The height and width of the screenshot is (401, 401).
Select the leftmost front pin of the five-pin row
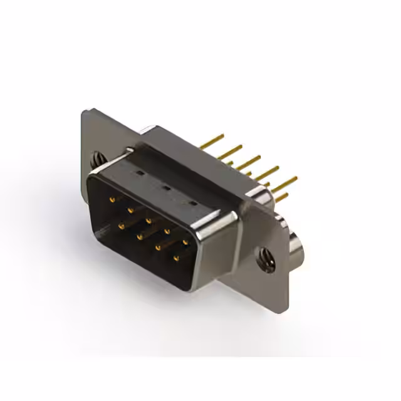[x=113, y=199]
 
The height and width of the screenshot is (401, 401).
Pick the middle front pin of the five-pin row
[x=148, y=220]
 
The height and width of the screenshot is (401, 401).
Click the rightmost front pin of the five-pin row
[x=185, y=241]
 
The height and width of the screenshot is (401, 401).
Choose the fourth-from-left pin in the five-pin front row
[x=167, y=231]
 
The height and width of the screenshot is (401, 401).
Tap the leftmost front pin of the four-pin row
[x=121, y=226]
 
